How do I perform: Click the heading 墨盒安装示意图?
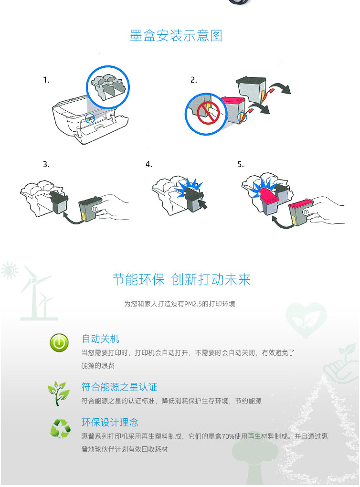tap(176, 36)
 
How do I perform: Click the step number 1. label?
tap(46, 80)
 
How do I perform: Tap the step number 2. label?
tap(193, 80)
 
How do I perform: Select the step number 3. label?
tap(46, 164)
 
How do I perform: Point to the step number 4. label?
tap(149, 164)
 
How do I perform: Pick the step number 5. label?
tap(241, 164)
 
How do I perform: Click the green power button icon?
tap(59, 343)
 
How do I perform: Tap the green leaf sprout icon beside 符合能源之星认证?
tap(58, 393)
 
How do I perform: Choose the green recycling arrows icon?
tap(60, 429)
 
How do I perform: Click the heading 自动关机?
tap(100, 339)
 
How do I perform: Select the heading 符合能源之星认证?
tap(119, 387)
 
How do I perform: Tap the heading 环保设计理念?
tap(110, 423)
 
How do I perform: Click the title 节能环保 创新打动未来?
tap(181, 279)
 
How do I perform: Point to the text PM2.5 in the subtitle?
tap(193, 304)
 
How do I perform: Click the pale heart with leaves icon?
tap(306, 320)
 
